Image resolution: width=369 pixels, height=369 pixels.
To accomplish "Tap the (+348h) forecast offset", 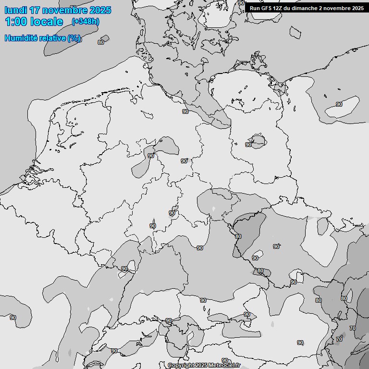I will click(86, 22).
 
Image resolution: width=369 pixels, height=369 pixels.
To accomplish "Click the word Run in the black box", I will click(255, 8).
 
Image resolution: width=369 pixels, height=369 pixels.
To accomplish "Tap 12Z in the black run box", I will click(278, 8).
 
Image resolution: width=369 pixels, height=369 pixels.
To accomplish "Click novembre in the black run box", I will click(337, 8).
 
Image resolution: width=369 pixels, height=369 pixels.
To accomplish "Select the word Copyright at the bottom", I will click(181, 366).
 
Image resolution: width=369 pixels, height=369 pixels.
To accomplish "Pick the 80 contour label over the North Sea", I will click(101, 42).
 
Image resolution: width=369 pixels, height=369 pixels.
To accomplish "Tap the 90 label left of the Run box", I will click(241, 3).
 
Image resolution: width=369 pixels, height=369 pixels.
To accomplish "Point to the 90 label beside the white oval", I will click(339, 104).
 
